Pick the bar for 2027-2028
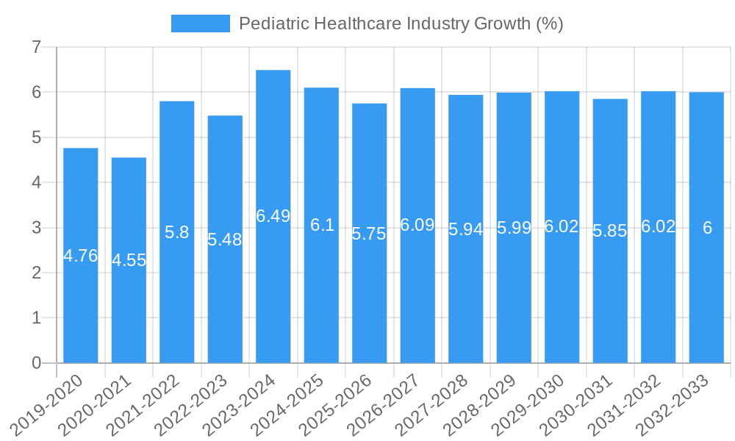point(465,294)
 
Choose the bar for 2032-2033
point(706,294)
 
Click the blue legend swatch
point(200,24)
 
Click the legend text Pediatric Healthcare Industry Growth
point(401,24)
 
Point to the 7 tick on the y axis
point(36,48)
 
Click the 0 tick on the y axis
point(36,363)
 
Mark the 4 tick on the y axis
point(36,183)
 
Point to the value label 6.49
point(273,216)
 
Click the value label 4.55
point(129,260)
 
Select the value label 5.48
point(225,240)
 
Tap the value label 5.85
point(610,231)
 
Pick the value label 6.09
point(417,226)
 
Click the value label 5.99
point(514,228)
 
